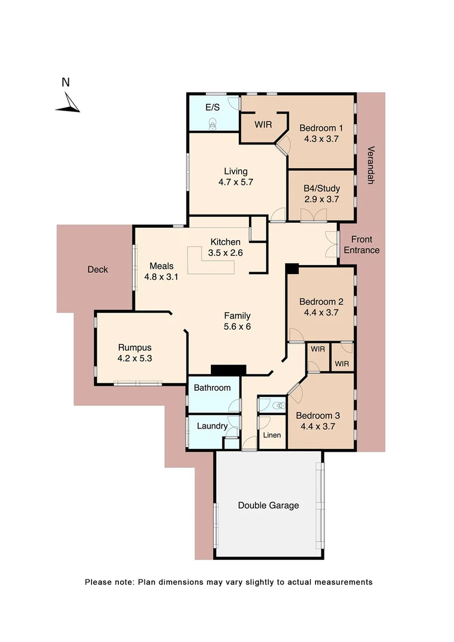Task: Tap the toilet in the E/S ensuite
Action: pos(213,123)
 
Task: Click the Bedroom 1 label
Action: pos(321,128)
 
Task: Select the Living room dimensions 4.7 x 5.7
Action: pos(236,182)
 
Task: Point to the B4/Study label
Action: pos(321,188)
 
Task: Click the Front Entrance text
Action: pos(361,245)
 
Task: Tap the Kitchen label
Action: pos(226,242)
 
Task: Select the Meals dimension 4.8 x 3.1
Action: pos(162,276)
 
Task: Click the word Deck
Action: pos(97,269)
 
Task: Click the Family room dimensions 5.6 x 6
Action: pos(237,326)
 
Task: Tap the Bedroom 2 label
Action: pos(321,301)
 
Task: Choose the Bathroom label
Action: pos(212,388)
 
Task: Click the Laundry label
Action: pos(212,426)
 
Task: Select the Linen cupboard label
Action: pos(272,436)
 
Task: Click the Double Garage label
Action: pos(269,505)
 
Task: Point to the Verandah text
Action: pos(370,165)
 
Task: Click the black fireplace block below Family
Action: pos(229,370)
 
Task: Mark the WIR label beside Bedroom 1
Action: pos(263,125)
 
